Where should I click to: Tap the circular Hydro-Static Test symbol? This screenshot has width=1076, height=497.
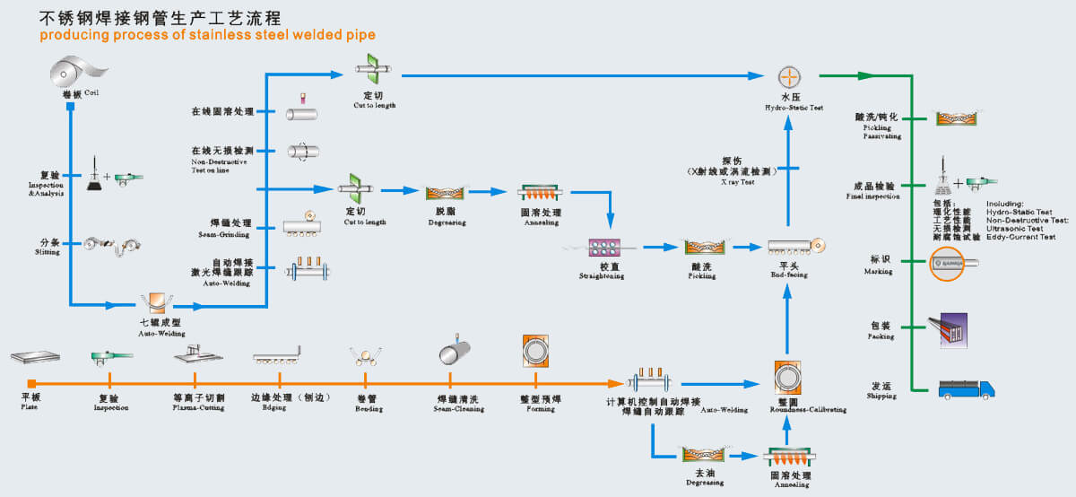789,77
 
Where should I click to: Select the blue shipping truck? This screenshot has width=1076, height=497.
966,388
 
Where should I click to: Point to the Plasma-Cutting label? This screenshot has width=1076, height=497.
199,407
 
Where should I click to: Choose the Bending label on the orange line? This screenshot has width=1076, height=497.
369,408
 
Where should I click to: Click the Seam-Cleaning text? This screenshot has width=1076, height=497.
459,408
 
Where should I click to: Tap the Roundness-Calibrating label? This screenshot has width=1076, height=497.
807,408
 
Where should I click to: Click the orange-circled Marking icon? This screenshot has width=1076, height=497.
950,263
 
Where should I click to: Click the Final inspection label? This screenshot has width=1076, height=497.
876,196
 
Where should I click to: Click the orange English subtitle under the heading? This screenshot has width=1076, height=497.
207,35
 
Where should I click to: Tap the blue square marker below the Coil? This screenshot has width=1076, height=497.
70,108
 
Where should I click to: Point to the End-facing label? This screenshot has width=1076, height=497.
789,275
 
